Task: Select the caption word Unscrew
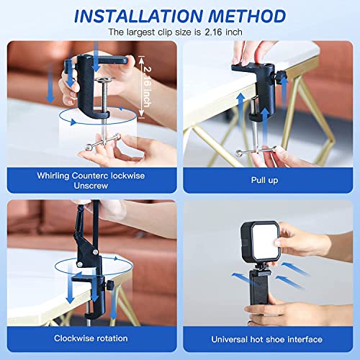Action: (x=91, y=184)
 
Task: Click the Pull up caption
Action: (x=266, y=179)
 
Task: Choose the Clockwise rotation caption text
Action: (x=91, y=338)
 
